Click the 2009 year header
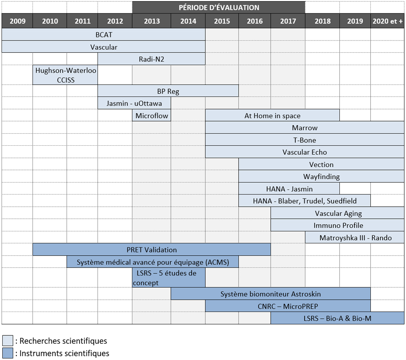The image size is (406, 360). (x=17, y=21)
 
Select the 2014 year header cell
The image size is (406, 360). (x=188, y=21)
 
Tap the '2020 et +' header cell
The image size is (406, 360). (x=387, y=21)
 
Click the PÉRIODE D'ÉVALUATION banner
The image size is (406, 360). (x=219, y=8)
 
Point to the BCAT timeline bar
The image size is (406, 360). (x=103, y=35)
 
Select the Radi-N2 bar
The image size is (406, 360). (x=151, y=59)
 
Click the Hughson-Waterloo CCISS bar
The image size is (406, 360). (x=65, y=75)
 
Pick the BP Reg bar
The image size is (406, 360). (x=168, y=91)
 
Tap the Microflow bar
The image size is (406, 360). (x=152, y=116)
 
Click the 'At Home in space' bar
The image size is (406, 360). (x=272, y=116)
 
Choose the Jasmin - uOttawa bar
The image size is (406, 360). (x=135, y=103)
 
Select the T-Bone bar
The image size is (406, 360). (x=304, y=140)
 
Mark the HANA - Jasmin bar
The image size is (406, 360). (x=289, y=189)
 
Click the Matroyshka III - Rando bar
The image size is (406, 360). (x=355, y=238)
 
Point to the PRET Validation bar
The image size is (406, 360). (x=151, y=250)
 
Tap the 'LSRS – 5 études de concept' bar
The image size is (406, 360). (x=169, y=277)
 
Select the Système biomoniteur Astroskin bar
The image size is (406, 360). (x=270, y=294)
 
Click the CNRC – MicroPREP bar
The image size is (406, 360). (x=288, y=306)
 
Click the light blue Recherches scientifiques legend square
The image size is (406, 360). (x=8, y=341)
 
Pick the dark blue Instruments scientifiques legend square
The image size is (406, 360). (x=8, y=353)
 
